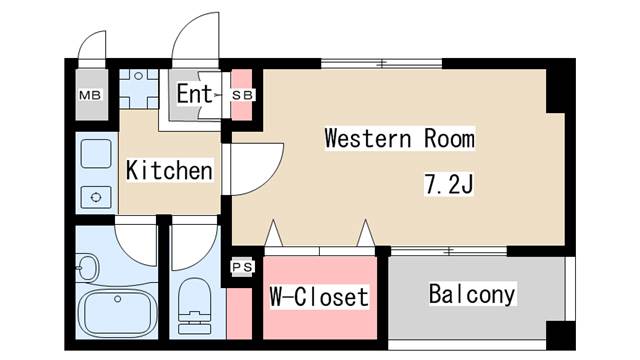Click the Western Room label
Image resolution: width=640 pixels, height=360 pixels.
tap(398, 139)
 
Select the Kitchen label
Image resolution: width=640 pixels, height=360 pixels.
tap(169, 171)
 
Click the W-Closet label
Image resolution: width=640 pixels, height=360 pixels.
tap(319, 297)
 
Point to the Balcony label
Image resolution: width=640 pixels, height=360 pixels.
tap(472, 295)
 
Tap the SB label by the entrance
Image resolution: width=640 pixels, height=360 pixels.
tap(243, 95)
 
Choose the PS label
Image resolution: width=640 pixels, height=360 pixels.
tap(241, 267)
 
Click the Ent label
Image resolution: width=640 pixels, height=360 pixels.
tap(195, 95)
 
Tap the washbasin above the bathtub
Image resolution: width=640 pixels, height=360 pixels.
tap(87, 269)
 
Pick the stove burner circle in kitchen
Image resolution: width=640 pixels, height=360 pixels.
tap(96, 196)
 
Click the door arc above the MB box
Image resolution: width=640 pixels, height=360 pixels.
tap(93, 46)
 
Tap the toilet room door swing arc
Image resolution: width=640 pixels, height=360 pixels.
tap(194, 238)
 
